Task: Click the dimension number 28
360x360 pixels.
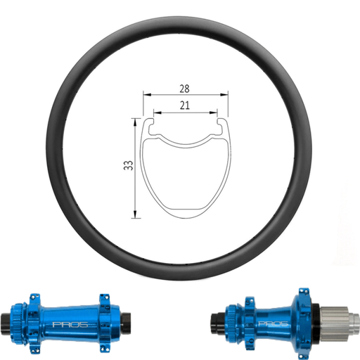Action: pos(184,89)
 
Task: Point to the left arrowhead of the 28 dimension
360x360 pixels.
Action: pos(145,94)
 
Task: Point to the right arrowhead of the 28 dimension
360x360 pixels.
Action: pos(227,94)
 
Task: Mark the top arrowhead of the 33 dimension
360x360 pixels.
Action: pos(134,122)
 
